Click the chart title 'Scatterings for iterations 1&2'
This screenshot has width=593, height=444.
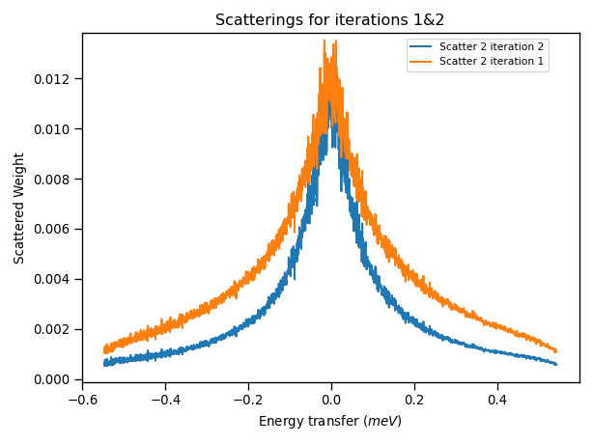pyautogui.click(x=329, y=20)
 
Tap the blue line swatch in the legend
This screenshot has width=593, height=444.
pyautogui.click(x=421, y=46)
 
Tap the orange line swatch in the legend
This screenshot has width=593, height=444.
pyautogui.click(x=421, y=62)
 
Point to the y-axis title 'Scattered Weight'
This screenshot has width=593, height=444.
pyautogui.click(x=19, y=208)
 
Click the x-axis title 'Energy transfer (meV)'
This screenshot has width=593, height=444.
pyautogui.click(x=329, y=422)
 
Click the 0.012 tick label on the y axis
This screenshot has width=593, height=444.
pyautogui.click(x=54, y=79)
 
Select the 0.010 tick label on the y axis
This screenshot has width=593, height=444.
pyautogui.click(x=54, y=129)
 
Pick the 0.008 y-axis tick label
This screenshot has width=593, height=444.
pyautogui.click(x=54, y=180)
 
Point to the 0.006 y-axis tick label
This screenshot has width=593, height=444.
pyautogui.click(x=54, y=230)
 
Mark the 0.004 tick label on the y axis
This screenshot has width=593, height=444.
pyautogui.click(x=54, y=280)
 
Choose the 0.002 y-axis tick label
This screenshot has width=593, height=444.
pyautogui.click(x=54, y=329)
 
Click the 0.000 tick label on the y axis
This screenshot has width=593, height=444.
pyautogui.click(x=54, y=379)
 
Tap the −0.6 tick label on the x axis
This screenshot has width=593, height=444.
pyautogui.click(x=82, y=398)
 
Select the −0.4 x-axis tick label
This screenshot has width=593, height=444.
pyautogui.click(x=165, y=398)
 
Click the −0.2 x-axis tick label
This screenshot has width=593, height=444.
pyautogui.click(x=248, y=398)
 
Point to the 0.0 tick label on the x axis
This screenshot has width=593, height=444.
pyautogui.click(x=331, y=398)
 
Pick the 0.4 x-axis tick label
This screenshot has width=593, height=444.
pyautogui.click(x=497, y=398)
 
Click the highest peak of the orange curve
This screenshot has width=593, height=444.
pyautogui.click(x=325, y=41)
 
